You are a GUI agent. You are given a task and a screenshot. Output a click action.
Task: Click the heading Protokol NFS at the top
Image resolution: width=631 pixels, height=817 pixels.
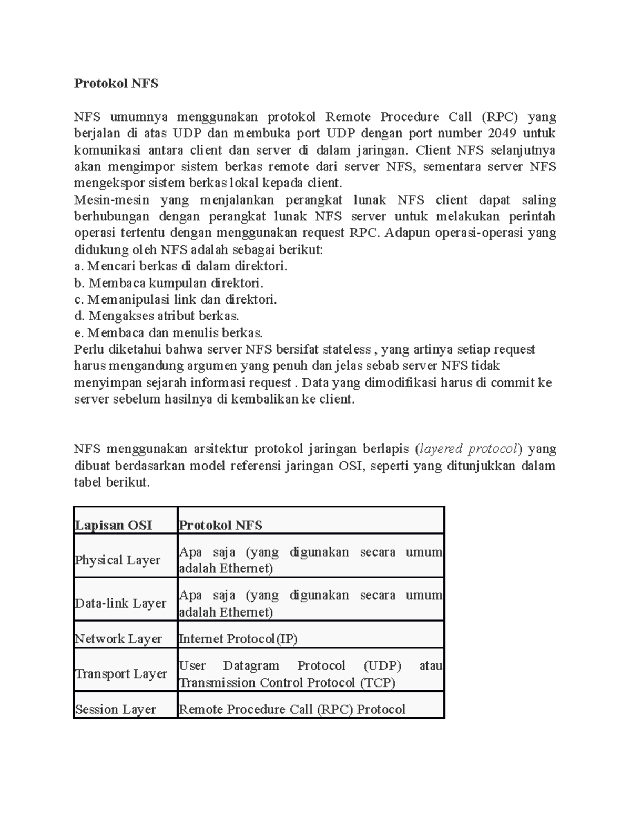(x=116, y=83)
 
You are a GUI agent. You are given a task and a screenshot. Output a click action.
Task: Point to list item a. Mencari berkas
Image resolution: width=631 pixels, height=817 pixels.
(x=180, y=266)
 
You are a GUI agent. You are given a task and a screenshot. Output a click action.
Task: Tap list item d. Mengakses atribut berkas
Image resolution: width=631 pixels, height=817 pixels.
(x=157, y=316)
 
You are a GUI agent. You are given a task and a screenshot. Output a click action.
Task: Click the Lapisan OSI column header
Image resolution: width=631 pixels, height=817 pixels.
(x=114, y=525)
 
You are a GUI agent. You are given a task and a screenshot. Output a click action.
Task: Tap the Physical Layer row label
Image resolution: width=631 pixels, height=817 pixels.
(x=118, y=560)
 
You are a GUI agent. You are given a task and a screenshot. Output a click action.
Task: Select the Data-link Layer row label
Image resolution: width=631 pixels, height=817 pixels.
(x=120, y=603)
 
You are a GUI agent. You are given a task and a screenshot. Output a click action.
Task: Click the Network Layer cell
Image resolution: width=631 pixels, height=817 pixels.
(x=118, y=639)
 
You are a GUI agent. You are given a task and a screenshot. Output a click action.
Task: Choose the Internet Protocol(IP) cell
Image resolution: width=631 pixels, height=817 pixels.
(x=238, y=639)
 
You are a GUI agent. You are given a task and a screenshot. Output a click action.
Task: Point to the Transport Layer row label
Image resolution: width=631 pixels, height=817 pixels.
(x=121, y=673)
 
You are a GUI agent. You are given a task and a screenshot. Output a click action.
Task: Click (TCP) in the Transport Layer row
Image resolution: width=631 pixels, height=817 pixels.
(x=378, y=682)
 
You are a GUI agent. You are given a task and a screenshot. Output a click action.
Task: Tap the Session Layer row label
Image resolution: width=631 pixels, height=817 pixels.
(x=116, y=709)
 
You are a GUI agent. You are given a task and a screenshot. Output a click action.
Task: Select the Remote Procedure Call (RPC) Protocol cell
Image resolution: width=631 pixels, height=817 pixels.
(x=292, y=709)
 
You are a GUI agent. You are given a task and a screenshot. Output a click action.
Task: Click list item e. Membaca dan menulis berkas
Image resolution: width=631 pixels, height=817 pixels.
(x=168, y=333)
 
